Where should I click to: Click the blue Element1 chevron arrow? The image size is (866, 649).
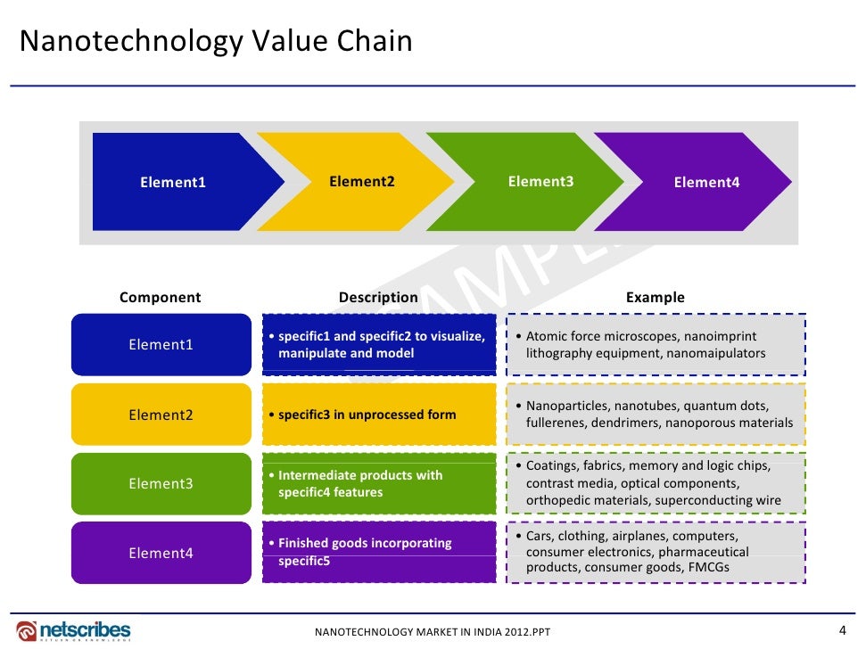pyautogui.click(x=174, y=182)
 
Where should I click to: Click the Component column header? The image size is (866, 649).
pyautogui.click(x=161, y=298)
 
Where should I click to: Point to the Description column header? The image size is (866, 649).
pyautogui.click(x=378, y=298)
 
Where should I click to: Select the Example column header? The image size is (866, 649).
pyautogui.click(x=656, y=298)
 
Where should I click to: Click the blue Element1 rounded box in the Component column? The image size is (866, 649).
pyautogui.click(x=161, y=344)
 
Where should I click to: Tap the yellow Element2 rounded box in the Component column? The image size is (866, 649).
pyautogui.click(x=161, y=415)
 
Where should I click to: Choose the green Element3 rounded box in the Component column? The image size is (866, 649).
pyautogui.click(x=161, y=484)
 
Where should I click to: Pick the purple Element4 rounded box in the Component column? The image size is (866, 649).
pyautogui.click(x=161, y=553)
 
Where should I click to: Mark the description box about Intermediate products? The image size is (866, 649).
pyautogui.click(x=379, y=484)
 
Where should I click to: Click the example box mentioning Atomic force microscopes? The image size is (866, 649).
pyautogui.click(x=656, y=344)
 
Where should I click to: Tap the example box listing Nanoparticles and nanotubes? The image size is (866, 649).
pyautogui.click(x=656, y=415)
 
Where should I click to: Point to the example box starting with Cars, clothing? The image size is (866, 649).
pyautogui.click(x=656, y=553)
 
